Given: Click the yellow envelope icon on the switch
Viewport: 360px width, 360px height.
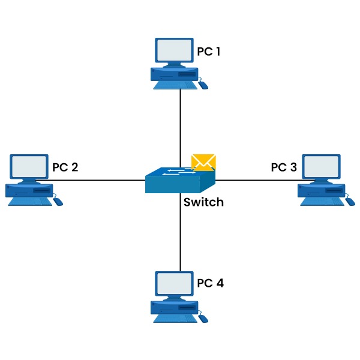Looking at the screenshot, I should pos(203,162).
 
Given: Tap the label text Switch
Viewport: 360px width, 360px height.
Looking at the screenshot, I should pos(203,202).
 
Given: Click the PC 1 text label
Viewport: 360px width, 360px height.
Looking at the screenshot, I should pos(209,52).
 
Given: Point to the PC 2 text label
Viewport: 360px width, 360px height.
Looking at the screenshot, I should pos(65,167).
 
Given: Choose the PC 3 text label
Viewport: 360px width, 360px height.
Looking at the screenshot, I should pos(284,167).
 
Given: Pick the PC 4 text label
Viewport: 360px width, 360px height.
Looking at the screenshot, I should pos(210,283).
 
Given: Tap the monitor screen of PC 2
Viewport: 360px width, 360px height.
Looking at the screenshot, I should pos(29,167).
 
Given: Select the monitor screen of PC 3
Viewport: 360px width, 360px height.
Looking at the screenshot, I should pos(321,167).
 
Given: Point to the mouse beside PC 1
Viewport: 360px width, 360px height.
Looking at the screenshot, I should pos(204,85).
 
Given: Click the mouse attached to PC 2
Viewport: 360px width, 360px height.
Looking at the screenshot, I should pos(58,202).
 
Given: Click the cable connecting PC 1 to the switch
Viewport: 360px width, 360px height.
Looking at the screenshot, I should pos(180,126).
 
